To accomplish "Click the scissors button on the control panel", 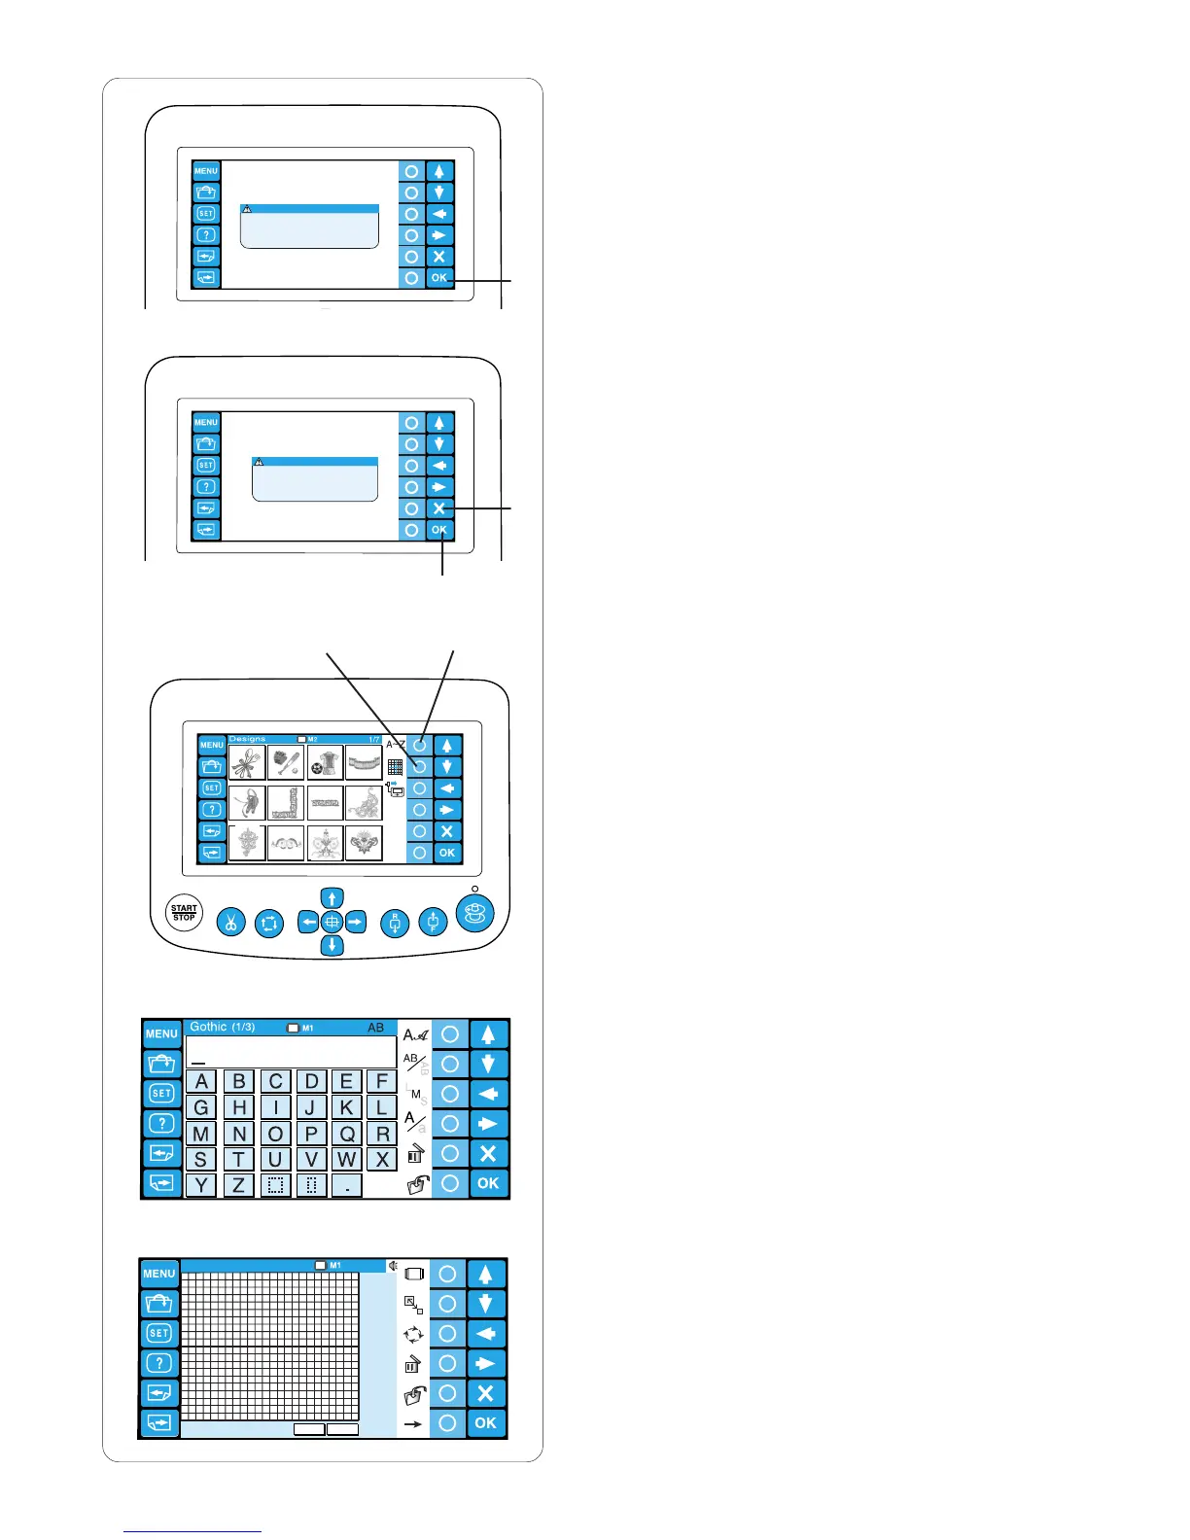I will click(x=231, y=922).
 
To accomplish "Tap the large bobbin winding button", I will click(x=474, y=914).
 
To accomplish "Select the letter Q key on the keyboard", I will click(x=346, y=1134).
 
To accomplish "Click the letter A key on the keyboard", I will click(x=201, y=1081).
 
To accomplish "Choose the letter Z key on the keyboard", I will click(x=238, y=1185).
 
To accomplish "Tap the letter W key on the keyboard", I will click(x=346, y=1159).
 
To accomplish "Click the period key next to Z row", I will click(x=346, y=1185).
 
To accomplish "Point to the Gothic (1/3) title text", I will click(x=222, y=1027).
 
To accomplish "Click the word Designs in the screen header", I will click(x=247, y=739).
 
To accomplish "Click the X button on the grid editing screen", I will click(x=485, y=1393).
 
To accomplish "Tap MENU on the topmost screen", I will click(x=206, y=171).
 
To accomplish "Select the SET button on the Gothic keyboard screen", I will click(x=161, y=1094).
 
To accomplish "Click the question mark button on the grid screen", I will click(x=159, y=1363).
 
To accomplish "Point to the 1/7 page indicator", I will click(x=374, y=740).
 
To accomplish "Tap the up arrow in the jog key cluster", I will click(x=332, y=898).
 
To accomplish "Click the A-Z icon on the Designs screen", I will click(x=395, y=745).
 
